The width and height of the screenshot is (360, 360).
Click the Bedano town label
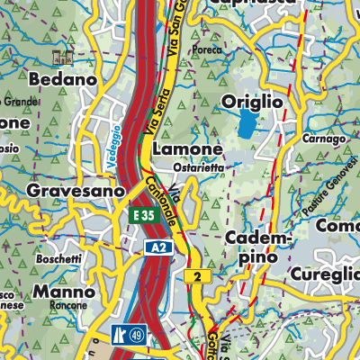62,80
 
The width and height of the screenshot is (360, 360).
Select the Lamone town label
187,148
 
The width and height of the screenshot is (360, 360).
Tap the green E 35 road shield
144,217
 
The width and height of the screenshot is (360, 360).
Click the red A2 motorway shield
157,247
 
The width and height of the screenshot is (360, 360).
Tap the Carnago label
325,139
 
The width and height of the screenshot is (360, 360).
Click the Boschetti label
60,259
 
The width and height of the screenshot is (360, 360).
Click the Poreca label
207,50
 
